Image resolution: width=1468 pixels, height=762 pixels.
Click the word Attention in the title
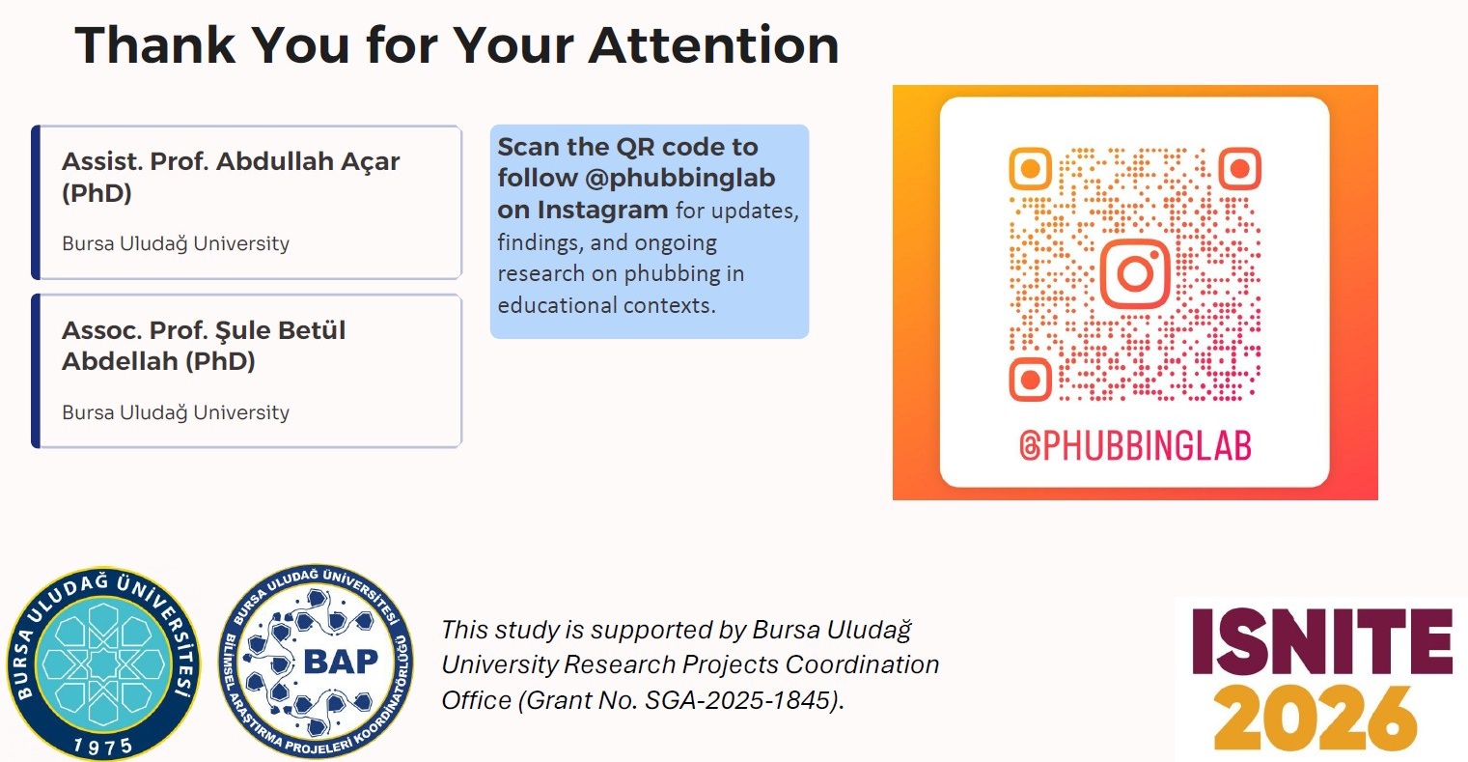point(713,44)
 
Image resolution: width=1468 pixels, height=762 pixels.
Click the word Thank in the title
point(155,44)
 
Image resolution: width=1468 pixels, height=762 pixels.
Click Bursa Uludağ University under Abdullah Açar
point(176,243)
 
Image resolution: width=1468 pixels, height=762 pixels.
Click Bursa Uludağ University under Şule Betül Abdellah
point(176,412)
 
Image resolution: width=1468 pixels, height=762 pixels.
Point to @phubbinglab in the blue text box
point(679,179)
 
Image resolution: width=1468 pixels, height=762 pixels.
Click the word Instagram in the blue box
point(603,210)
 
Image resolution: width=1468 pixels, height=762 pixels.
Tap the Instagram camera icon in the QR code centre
point(1134,273)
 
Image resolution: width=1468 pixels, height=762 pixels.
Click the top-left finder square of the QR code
point(1030,169)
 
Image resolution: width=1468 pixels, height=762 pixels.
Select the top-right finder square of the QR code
point(1240,169)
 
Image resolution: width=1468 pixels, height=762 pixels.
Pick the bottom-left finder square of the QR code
point(1030,379)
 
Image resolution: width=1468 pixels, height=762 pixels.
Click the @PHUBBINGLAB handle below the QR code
point(1135,446)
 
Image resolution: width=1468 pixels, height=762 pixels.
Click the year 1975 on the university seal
point(103,746)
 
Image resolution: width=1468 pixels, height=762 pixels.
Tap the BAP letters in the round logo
point(341,662)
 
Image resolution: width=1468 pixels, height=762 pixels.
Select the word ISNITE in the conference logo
point(1322,641)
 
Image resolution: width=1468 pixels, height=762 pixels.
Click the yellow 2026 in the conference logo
point(1315,719)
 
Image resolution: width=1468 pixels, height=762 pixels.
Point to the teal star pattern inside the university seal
point(103,663)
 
